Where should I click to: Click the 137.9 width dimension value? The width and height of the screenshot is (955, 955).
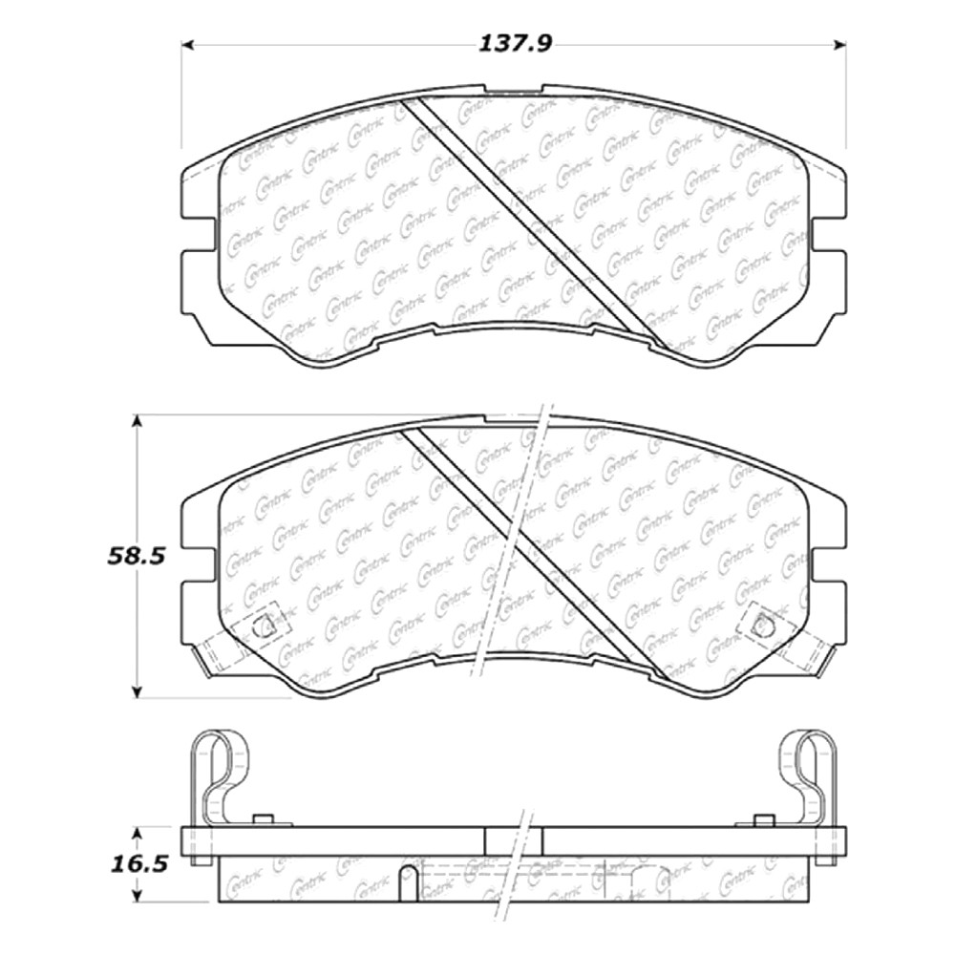(515, 44)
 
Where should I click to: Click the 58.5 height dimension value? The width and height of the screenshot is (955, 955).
(137, 556)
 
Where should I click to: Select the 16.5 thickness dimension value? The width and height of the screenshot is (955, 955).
(138, 864)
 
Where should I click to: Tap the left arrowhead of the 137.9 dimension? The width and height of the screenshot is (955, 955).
(188, 45)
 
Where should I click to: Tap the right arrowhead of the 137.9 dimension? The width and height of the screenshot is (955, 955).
(839, 45)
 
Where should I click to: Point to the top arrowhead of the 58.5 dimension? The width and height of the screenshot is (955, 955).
(138, 421)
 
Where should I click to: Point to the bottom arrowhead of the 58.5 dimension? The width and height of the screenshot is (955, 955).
(138, 691)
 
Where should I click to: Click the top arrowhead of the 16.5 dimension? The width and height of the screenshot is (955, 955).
(138, 833)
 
